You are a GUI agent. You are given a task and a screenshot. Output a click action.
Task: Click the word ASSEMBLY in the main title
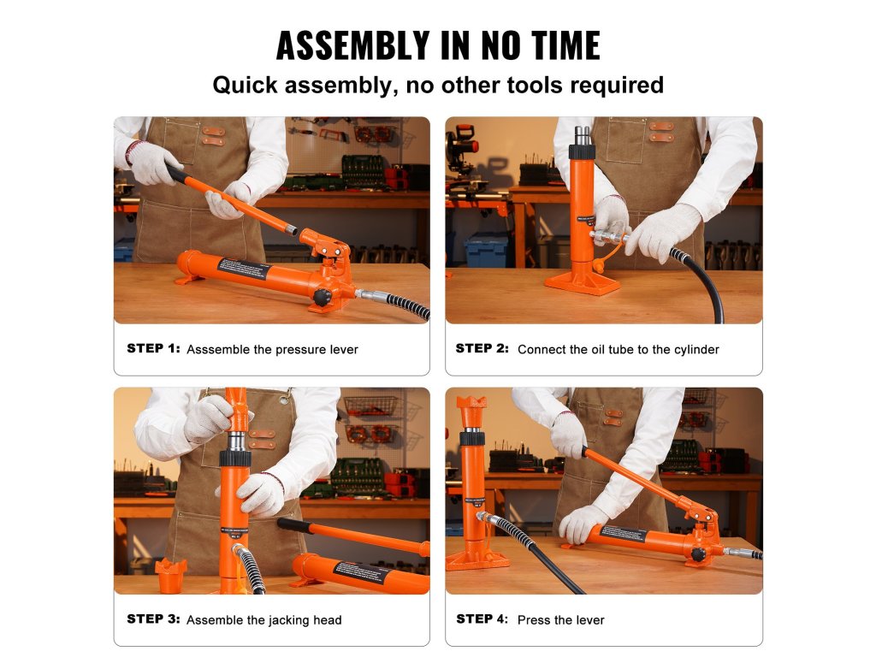pos(353,45)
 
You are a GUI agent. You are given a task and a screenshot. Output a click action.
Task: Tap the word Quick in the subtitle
pos(246,86)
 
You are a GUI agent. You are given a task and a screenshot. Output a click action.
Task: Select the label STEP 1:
pos(154,349)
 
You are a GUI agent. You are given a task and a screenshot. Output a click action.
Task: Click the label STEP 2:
pos(482,349)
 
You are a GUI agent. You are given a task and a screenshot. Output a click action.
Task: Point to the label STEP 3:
pos(154,619)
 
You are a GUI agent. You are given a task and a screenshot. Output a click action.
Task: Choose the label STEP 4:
pos(482,619)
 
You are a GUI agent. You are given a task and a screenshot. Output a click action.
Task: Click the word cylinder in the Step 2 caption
pos(696,350)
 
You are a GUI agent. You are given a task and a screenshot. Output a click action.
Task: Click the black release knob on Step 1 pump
pos(323,297)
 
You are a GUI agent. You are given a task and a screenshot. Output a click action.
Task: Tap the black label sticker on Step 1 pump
pos(243,269)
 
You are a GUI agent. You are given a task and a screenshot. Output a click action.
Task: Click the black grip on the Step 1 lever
pos(177,174)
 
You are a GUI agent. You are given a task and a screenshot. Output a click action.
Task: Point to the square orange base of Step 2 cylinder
pos(582,282)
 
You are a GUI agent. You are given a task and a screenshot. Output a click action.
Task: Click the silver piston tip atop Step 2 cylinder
pos(582,136)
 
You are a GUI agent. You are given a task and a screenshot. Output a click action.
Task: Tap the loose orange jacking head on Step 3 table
pos(170,576)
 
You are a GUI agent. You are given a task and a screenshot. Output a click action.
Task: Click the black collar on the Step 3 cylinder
pos(234,459)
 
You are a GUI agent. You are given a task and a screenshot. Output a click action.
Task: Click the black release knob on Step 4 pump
pos(698,554)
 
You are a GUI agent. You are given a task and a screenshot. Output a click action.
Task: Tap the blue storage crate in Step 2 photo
pos(486,252)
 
